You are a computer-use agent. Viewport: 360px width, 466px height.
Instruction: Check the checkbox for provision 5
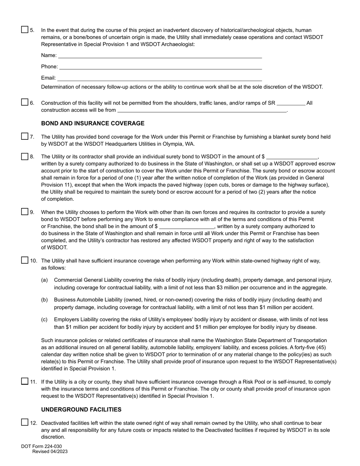click(x=25, y=30)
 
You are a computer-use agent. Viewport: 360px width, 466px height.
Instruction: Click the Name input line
click(x=160, y=56)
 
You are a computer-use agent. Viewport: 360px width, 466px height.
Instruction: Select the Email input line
click(x=159, y=78)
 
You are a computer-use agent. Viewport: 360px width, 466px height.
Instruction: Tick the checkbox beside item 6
click(x=25, y=102)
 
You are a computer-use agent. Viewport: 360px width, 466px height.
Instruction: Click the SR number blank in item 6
click(x=291, y=103)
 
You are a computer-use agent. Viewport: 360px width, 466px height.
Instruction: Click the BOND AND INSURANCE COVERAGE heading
click(x=92, y=124)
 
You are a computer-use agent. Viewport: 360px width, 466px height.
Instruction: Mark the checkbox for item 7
click(x=25, y=136)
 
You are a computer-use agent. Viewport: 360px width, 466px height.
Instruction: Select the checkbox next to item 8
click(x=25, y=156)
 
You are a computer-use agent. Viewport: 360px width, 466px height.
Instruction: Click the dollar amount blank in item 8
click(x=292, y=157)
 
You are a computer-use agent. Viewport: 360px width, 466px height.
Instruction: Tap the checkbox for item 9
click(x=25, y=212)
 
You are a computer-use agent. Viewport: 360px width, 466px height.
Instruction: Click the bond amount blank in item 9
click(x=187, y=227)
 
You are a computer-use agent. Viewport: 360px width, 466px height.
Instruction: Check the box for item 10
click(x=25, y=260)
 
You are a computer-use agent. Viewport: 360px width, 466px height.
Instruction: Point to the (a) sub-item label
click(x=44, y=280)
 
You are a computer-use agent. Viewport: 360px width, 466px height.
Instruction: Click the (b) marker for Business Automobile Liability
click(x=44, y=300)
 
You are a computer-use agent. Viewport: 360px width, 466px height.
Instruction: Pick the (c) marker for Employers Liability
click(x=44, y=320)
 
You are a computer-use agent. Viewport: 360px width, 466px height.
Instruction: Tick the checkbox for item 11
click(x=25, y=382)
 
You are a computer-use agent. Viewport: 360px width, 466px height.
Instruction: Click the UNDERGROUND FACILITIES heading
click(x=81, y=410)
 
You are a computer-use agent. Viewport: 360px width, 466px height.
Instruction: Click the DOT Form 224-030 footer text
click(x=41, y=446)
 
